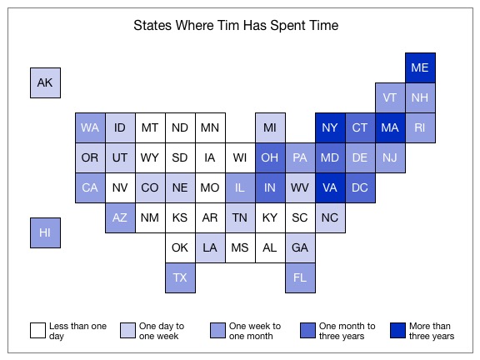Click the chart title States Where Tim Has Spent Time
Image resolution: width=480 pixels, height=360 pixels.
coord(236,25)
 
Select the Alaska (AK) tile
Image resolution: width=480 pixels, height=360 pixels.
coord(45,82)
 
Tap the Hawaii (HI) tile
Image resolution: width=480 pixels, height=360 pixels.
coord(45,232)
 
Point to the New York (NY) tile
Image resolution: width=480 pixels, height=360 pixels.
coord(330,127)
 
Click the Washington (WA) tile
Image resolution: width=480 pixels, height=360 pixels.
coord(90,127)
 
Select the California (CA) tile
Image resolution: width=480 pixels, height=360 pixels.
coord(90,187)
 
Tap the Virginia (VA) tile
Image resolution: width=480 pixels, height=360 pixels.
coord(330,187)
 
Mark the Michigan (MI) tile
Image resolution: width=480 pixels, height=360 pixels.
coord(270,127)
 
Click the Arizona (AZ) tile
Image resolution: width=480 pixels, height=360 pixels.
coord(120,217)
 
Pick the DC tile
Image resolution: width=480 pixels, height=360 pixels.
coord(360,187)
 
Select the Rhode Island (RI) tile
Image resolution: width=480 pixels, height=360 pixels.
coord(420,127)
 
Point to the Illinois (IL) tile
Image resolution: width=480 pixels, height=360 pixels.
coord(240,187)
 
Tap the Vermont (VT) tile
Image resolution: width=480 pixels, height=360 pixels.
coord(390,97)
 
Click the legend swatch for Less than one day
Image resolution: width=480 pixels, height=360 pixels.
coord(37,330)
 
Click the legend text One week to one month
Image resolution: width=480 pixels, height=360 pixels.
coord(255,331)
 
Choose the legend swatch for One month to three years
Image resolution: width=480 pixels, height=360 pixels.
coord(307,330)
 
